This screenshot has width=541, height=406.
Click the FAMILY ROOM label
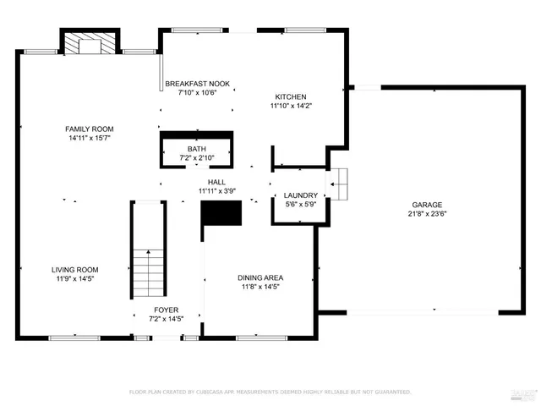point(90,129)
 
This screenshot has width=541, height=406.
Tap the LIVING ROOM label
point(74,270)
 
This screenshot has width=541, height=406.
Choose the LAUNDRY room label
point(300,195)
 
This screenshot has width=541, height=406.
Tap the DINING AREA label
point(260,277)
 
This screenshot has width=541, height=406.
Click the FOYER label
point(166,310)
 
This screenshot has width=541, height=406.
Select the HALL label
point(216,182)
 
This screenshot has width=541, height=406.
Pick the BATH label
point(196,149)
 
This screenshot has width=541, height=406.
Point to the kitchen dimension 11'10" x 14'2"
point(290,107)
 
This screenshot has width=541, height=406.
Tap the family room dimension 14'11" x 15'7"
point(90,138)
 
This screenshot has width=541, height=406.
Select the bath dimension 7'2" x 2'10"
point(196,158)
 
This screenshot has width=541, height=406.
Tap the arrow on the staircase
point(149,254)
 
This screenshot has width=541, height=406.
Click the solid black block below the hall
point(221,213)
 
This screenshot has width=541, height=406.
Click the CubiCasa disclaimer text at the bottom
point(270,392)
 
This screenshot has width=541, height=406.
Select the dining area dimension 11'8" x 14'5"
point(260,287)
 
